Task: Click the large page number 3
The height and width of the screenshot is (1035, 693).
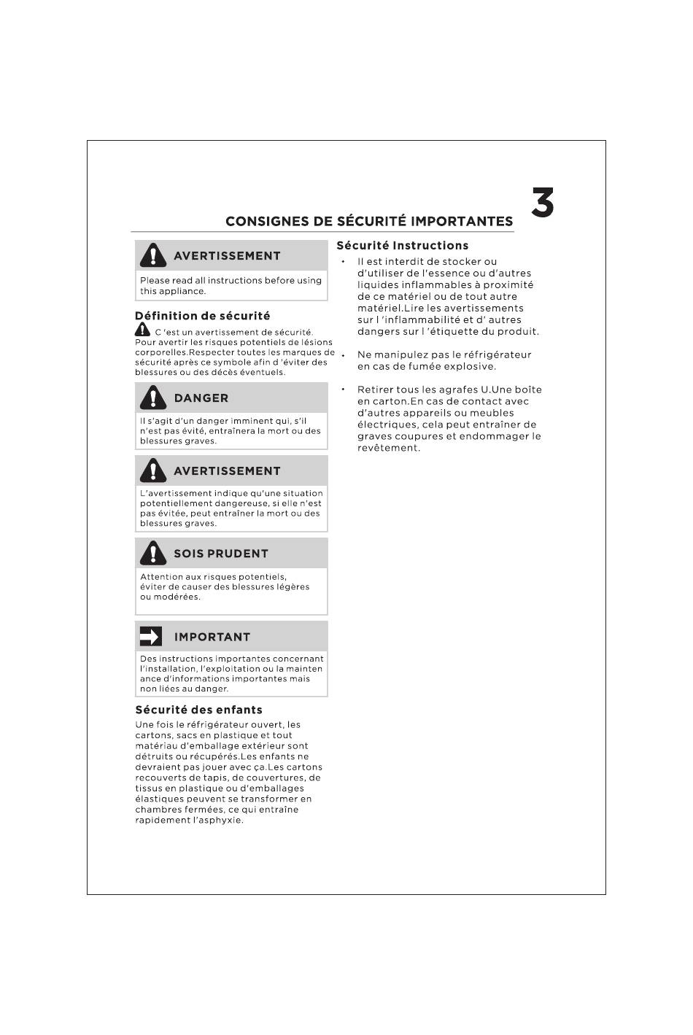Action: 542,203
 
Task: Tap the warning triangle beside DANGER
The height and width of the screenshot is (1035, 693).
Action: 153,398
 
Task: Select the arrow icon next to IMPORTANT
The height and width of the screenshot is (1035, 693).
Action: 150,637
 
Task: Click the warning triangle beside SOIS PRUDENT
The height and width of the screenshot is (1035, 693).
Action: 153,553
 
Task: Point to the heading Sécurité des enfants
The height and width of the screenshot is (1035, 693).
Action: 198,710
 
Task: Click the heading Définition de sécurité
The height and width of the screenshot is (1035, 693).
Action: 202,316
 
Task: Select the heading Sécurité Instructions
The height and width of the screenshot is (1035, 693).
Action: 402,246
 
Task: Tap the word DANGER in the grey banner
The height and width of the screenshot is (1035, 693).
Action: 201,398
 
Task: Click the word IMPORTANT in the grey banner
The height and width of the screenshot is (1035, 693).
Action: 212,637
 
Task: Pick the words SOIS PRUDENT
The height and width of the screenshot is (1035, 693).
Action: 220,554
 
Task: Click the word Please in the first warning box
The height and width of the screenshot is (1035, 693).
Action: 155,281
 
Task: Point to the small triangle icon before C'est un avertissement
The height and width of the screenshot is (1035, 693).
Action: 142,331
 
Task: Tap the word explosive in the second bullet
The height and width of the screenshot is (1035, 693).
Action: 471,366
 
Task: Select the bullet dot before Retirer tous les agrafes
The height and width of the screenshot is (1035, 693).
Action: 342,388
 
